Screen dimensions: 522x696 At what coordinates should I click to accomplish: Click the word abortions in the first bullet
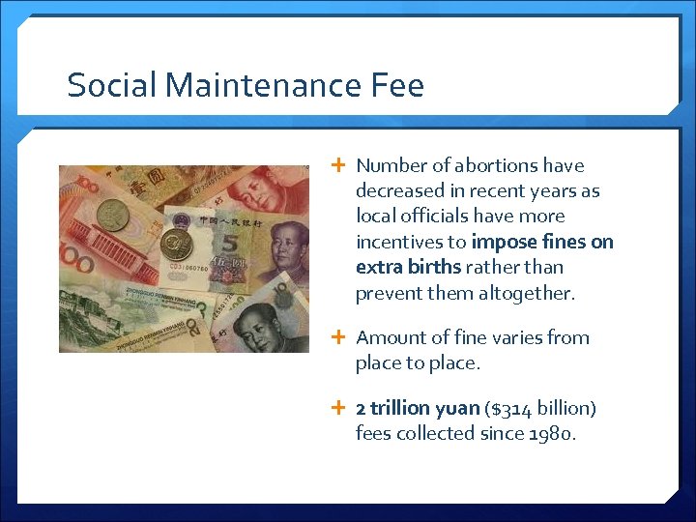click(491, 165)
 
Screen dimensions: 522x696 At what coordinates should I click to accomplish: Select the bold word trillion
click(406, 408)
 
